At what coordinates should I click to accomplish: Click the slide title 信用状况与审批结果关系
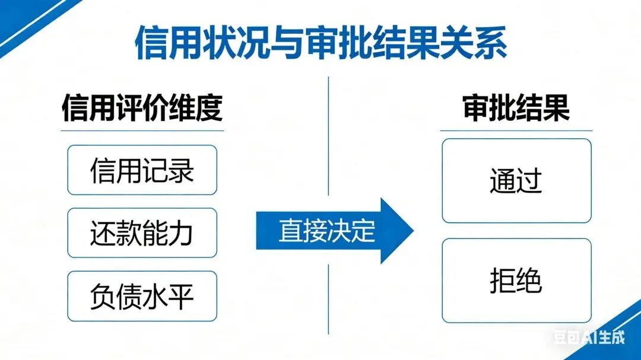click(320, 43)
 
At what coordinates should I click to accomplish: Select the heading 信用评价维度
click(142, 108)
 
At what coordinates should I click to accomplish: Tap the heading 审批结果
click(516, 108)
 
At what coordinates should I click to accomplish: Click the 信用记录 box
click(142, 170)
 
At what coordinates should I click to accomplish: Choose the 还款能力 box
click(142, 233)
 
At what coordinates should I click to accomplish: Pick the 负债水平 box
click(142, 296)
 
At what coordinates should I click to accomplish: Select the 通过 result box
click(516, 180)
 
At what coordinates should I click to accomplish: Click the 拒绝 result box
click(516, 281)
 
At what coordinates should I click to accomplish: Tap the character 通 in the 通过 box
click(503, 180)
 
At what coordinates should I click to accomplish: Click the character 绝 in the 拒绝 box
click(529, 281)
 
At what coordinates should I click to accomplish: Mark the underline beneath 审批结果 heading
click(516, 130)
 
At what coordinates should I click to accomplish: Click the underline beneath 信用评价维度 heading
click(142, 130)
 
